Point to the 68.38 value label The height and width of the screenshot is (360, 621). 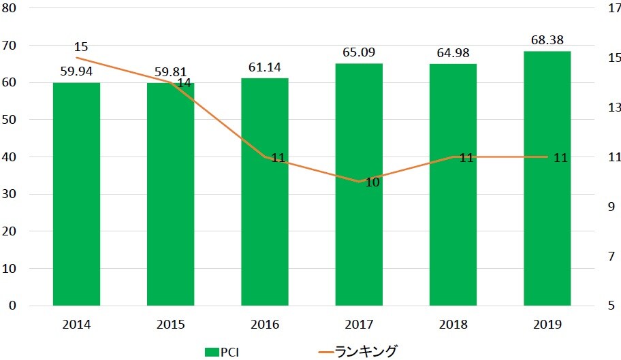(x=547, y=39)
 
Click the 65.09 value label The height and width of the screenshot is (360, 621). (x=359, y=52)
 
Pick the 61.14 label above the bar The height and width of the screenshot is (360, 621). (x=265, y=67)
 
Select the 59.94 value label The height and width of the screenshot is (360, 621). (x=76, y=71)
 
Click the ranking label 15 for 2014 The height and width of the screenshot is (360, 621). (x=81, y=47)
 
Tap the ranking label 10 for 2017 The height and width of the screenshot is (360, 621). (x=372, y=182)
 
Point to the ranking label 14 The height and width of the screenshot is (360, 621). (x=184, y=84)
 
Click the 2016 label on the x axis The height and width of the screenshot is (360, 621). (x=265, y=325)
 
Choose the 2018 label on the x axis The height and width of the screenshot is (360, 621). (x=453, y=325)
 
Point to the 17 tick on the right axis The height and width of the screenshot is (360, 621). (x=614, y=9)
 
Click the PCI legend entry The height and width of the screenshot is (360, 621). (x=221, y=351)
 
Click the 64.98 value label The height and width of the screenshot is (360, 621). (x=453, y=52)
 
